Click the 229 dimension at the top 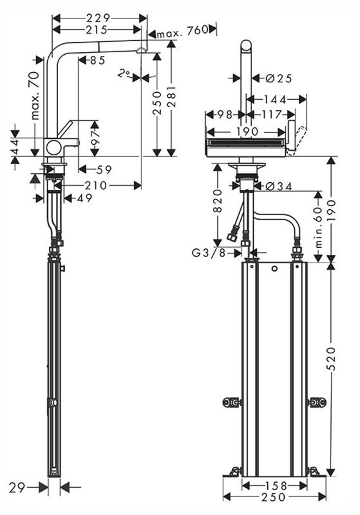point(99,18)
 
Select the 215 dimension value point(99,29)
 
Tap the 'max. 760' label point(182,31)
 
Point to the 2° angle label point(125,73)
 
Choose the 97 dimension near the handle point(95,140)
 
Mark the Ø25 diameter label point(279,79)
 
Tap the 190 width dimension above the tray point(247,132)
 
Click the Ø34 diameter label point(279,186)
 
